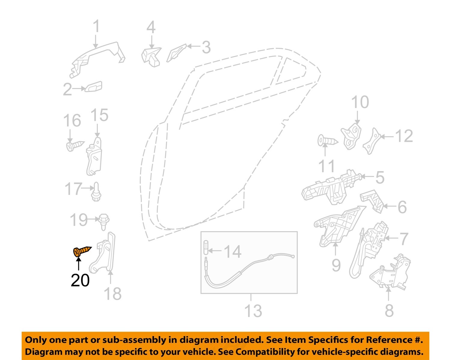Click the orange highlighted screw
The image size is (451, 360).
(x=82, y=251)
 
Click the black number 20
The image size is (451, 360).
(x=80, y=280)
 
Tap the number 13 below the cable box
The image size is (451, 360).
(x=253, y=311)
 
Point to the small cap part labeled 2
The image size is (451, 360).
(x=94, y=87)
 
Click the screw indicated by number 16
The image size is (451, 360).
(x=75, y=146)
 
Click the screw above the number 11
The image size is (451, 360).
(x=327, y=140)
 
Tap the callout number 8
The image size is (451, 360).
(x=389, y=310)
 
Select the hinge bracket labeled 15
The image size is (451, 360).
(x=94, y=156)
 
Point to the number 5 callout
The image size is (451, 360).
(x=380, y=177)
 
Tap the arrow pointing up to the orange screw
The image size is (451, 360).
(x=78, y=265)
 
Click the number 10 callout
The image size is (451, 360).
(x=360, y=102)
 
